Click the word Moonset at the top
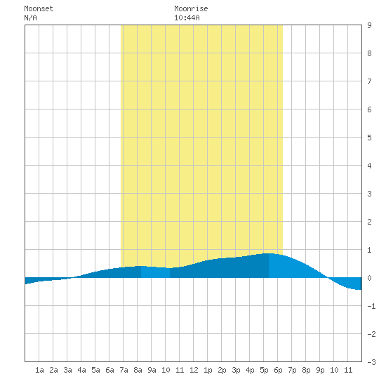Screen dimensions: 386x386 (39, 8)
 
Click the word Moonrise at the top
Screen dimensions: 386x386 (191, 8)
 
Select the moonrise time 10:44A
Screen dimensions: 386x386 (187, 18)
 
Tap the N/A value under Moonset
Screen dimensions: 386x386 (30, 18)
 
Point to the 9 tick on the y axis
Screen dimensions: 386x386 (369, 25)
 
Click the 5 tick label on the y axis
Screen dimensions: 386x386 (369, 138)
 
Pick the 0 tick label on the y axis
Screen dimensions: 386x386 (369, 278)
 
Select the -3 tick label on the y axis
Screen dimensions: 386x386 (371, 362)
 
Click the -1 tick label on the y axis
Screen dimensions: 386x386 (371, 306)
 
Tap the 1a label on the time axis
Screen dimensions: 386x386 (39, 370)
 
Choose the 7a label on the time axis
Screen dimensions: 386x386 (124, 370)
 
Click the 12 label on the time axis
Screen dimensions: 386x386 (194, 370)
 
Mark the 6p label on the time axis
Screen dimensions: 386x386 (278, 370)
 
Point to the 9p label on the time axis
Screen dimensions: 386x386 (320, 370)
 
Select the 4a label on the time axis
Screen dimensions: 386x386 (81, 370)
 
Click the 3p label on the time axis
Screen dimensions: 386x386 (236, 370)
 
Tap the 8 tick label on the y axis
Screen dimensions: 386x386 (369, 53)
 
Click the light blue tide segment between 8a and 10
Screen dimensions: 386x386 (155, 272)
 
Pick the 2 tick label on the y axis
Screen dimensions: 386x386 (369, 222)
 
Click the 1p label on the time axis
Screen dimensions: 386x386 (208, 370)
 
